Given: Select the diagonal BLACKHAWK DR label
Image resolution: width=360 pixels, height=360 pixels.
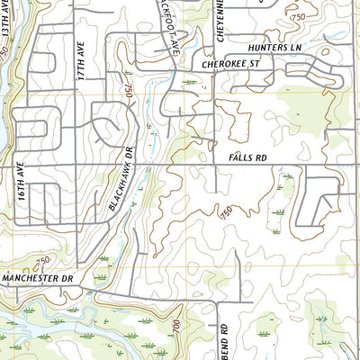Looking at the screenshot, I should click(120, 180).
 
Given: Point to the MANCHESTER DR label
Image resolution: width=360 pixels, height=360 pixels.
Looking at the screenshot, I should click(36, 280).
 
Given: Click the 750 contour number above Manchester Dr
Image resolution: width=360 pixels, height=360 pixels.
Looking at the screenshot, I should click(42, 261).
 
